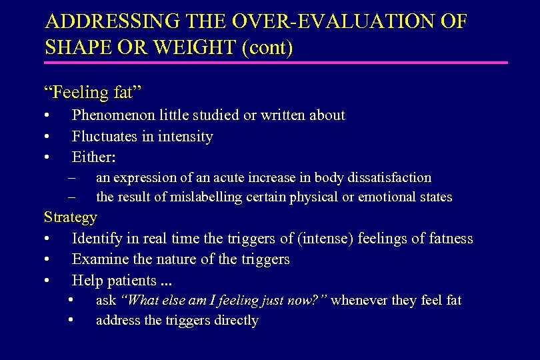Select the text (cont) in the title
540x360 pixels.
[269, 48]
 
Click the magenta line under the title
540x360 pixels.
[275, 63]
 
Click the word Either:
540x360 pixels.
[93, 158]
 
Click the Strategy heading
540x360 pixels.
[70, 217]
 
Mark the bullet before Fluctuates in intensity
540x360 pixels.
[47, 137]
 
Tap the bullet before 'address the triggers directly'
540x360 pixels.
[72, 320]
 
